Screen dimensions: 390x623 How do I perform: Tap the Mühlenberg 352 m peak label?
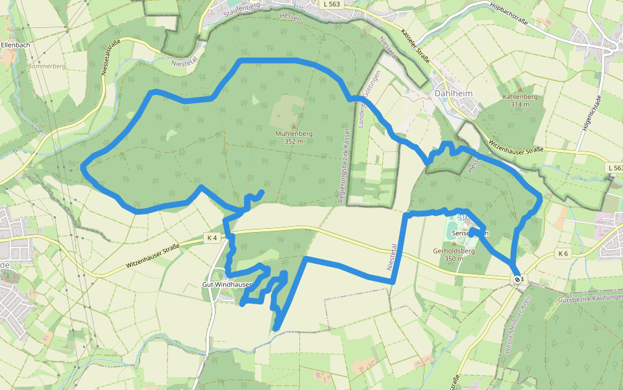pyautogui.click(x=294, y=136)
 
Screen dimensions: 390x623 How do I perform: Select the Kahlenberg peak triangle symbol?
pyautogui.click(x=520, y=89)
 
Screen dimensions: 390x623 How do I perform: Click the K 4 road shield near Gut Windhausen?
pyautogui.click(x=212, y=238)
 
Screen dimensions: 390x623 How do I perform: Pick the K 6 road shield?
pyautogui.click(x=563, y=253)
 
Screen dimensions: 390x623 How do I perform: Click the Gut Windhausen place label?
pyautogui.click(x=226, y=285)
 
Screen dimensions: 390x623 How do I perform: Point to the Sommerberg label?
pyautogui.click(x=47, y=66)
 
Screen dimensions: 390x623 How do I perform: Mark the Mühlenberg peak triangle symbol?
pyautogui.click(x=293, y=126)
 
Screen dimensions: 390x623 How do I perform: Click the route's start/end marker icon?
pyautogui.click(x=517, y=279)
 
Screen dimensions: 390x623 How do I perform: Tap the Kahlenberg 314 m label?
pyautogui.click(x=520, y=100)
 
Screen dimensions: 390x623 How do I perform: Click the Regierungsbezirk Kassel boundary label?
pyautogui.click(x=343, y=165)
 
